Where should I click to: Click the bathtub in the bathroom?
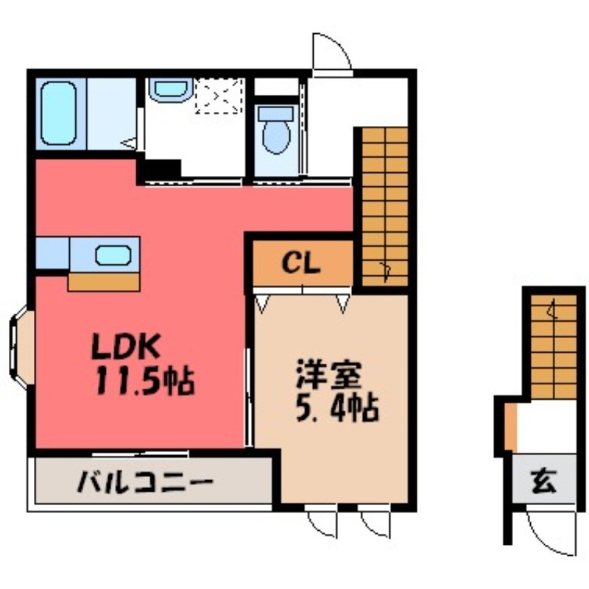tap(59, 113)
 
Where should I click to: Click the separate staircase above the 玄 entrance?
tap(553, 345)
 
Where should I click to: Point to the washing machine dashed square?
tap(219, 96)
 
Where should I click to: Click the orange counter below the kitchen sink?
tap(104, 281)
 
